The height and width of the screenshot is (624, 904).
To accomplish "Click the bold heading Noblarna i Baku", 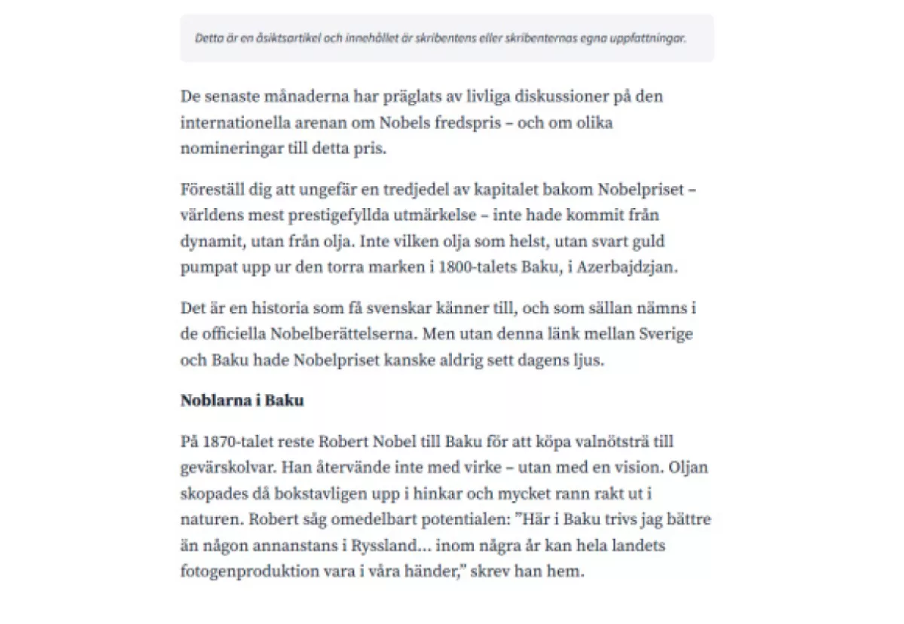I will pyautogui.click(x=242, y=400).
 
